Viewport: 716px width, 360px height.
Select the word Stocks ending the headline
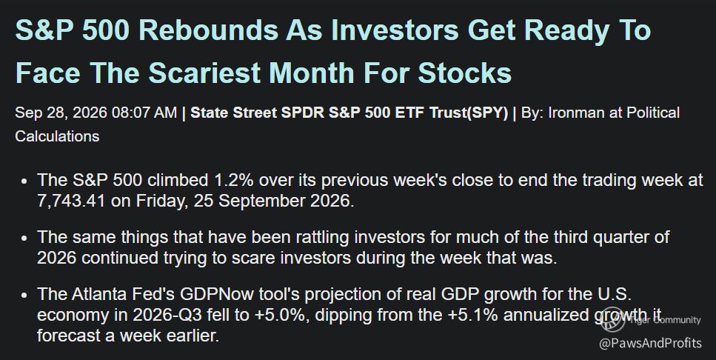click(x=464, y=73)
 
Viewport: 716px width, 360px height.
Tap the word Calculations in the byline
click(x=57, y=136)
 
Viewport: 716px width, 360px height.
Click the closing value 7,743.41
click(x=71, y=201)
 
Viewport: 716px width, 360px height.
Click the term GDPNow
click(x=217, y=295)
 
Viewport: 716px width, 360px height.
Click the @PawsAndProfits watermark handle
click(x=650, y=343)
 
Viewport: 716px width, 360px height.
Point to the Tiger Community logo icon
click(x=612, y=319)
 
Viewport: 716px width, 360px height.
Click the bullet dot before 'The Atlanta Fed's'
click(x=24, y=295)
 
